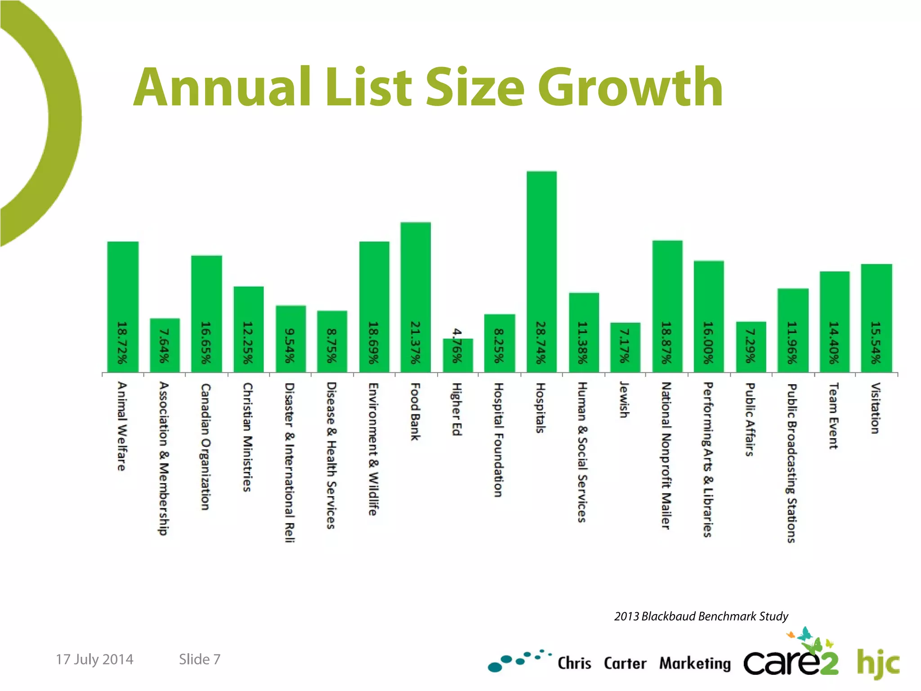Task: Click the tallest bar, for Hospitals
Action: pyautogui.click(x=541, y=270)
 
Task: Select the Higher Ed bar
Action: pyautogui.click(x=458, y=355)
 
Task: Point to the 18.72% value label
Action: pyautogui.click(x=122, y=343)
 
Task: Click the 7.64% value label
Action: pyautogui.click(x=165, y=345)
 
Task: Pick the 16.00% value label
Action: pyautogui.click(x=709, y=343)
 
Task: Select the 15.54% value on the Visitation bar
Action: pyautogui.click(x=876, y=343)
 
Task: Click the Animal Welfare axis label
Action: pyautogui.click(x=122, y=426)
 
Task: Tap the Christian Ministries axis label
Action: pyautogui.click(x=247, y=437)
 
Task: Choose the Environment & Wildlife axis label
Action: pyautogui.click(x=373, y=449)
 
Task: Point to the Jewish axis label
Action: pyautogui.click(x=624, y=399)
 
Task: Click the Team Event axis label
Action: pyautogui.click(x=833, y=416)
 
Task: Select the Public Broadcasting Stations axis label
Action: pyautogui.click(x=792, y=463)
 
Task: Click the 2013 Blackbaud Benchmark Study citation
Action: pyautogui.click(x=701, y=616)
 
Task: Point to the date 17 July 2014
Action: pyautogui.click(x=94, y=659)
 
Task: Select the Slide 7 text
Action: pyautogui.click(x=200, y=659)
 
